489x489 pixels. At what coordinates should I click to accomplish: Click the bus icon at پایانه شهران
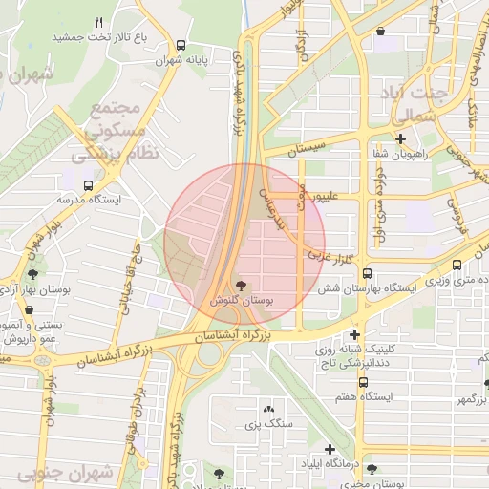181,45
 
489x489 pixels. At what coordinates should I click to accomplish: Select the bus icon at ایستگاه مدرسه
88,185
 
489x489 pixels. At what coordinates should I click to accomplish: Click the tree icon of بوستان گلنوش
240,285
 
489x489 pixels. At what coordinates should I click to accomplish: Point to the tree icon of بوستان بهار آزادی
33,275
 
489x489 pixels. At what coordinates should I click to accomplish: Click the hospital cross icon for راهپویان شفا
400,138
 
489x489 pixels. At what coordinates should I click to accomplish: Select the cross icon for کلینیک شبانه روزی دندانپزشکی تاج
355,334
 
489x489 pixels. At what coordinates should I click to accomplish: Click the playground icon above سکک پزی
266,408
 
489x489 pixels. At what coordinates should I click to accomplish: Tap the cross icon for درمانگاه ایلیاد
330,449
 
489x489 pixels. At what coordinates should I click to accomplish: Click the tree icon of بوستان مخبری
372,469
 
